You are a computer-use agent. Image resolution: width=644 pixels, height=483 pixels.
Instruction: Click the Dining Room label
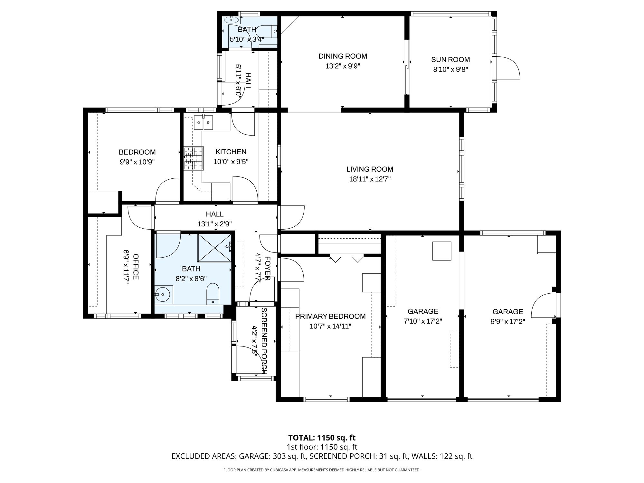click(x=343, y=56)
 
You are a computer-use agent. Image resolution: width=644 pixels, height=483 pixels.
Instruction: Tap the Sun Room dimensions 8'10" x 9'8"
click(x=450, y=69)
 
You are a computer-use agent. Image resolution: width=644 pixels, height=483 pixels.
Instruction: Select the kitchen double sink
click(x=204, y=123)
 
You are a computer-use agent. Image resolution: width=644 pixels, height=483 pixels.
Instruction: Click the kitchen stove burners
click(x=194, y=158)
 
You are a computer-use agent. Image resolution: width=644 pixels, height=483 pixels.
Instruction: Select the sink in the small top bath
click(x=231, y=19)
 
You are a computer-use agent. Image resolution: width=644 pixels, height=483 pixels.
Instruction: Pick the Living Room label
click(x=370, y=169)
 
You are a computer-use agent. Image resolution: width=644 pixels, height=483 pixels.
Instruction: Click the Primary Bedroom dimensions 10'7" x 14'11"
click(x=330, y=326)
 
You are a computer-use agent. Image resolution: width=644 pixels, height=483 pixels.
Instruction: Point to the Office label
click(x=136, y=267)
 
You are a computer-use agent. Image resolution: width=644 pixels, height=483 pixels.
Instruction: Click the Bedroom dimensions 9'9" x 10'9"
click(x=137, y=162)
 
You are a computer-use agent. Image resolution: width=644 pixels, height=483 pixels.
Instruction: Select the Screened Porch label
click(x=264, y=340)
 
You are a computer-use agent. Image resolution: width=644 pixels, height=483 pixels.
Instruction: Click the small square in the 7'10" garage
click(x=441, y=251)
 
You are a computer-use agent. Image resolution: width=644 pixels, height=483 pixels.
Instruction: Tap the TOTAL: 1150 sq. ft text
click(x=322, y=438)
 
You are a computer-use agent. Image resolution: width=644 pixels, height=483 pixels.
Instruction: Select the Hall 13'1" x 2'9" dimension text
click(x=214, y=224)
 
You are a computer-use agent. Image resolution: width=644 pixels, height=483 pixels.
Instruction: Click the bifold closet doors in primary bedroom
click(x=346, y=258)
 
